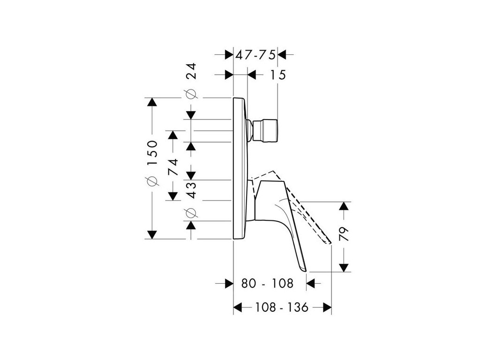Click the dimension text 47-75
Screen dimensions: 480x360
(255, 54)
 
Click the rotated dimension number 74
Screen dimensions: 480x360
(173, 166)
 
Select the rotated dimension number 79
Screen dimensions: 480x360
(345, 234)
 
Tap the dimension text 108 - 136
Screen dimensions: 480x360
(282, 307)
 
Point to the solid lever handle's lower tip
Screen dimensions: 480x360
(305, 270)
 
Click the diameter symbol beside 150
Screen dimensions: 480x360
(153, 180)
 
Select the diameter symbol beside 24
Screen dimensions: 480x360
(191, 94)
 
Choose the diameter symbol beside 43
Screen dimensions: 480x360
(191, 213)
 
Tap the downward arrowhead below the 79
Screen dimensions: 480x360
(345, 268)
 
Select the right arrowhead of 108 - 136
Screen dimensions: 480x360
(328, 307)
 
